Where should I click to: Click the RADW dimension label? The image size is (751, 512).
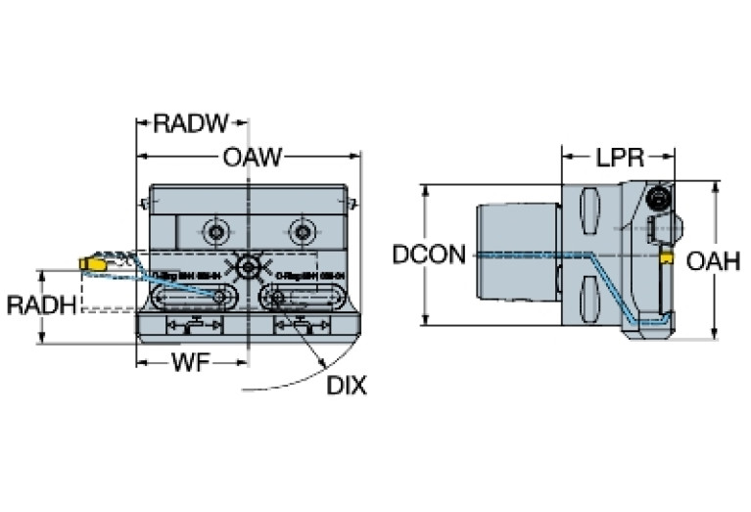click(191, 123)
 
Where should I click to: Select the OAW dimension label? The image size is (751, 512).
click(253, 156)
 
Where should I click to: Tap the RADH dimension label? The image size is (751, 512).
click(41, 304)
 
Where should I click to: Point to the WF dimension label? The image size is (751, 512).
click(190, 362)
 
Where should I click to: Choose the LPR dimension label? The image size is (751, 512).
click(617, 156)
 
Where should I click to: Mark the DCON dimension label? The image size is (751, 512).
click(429, 256)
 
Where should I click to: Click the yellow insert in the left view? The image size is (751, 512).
click(88, 264)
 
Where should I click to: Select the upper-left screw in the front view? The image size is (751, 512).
click(212, 232)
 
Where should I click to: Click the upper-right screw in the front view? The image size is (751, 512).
click(300, 232)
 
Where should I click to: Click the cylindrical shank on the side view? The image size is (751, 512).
click(516, 256)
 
